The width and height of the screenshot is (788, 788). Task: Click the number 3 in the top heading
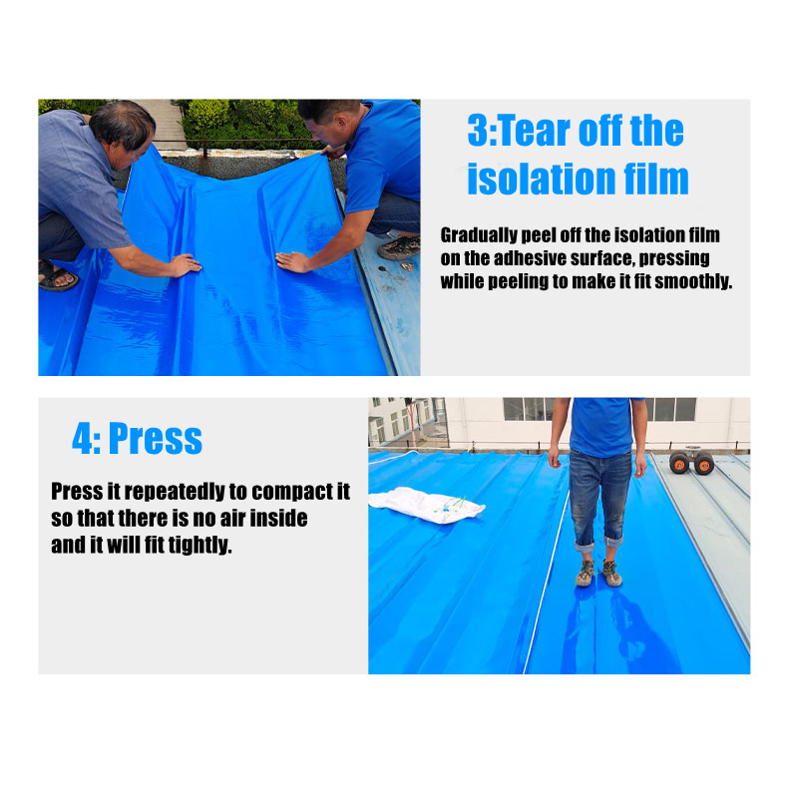tap(481, 132)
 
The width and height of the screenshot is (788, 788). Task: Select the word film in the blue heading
tap(653, 179)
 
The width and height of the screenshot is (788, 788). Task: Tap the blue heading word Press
tap(155, 439)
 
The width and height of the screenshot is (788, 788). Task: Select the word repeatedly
tap(165, 493)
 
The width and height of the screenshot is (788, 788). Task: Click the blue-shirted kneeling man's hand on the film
tap(292, 261)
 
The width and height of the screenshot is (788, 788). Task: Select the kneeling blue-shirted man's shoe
tap(399, 247)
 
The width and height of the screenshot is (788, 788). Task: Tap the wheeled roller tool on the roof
tap(691, 462)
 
